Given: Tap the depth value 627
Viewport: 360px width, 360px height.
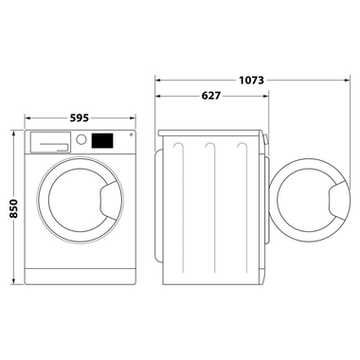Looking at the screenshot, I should (x=212, y=95).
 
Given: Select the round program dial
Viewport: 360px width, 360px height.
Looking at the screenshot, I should (x=82, y=139).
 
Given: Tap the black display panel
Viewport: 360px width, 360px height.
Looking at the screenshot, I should (x=100, y=139).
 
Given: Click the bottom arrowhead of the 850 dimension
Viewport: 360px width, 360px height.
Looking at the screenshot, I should (x=13, y=281).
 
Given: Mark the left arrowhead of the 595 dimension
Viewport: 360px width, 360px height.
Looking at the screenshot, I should (x=25, y=119).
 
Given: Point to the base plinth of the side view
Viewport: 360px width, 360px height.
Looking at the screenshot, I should (x=210, y=279).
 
